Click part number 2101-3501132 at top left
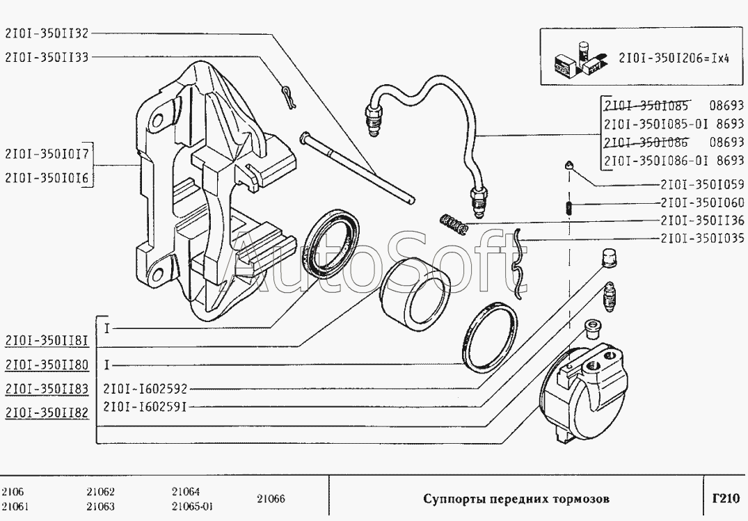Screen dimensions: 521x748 point(47,33)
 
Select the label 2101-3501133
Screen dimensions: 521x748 point(47,58)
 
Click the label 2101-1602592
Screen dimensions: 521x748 point(145,389)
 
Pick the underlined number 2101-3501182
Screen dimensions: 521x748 point(47,413)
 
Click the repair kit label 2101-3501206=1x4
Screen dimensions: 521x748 point(673,58)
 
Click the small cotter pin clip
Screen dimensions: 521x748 point(290,95)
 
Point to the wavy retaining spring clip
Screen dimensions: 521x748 point(520,264)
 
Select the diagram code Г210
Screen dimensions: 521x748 point(725,499)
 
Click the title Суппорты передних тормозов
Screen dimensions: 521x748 point(516,499)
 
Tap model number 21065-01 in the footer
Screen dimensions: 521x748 point(191,506)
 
